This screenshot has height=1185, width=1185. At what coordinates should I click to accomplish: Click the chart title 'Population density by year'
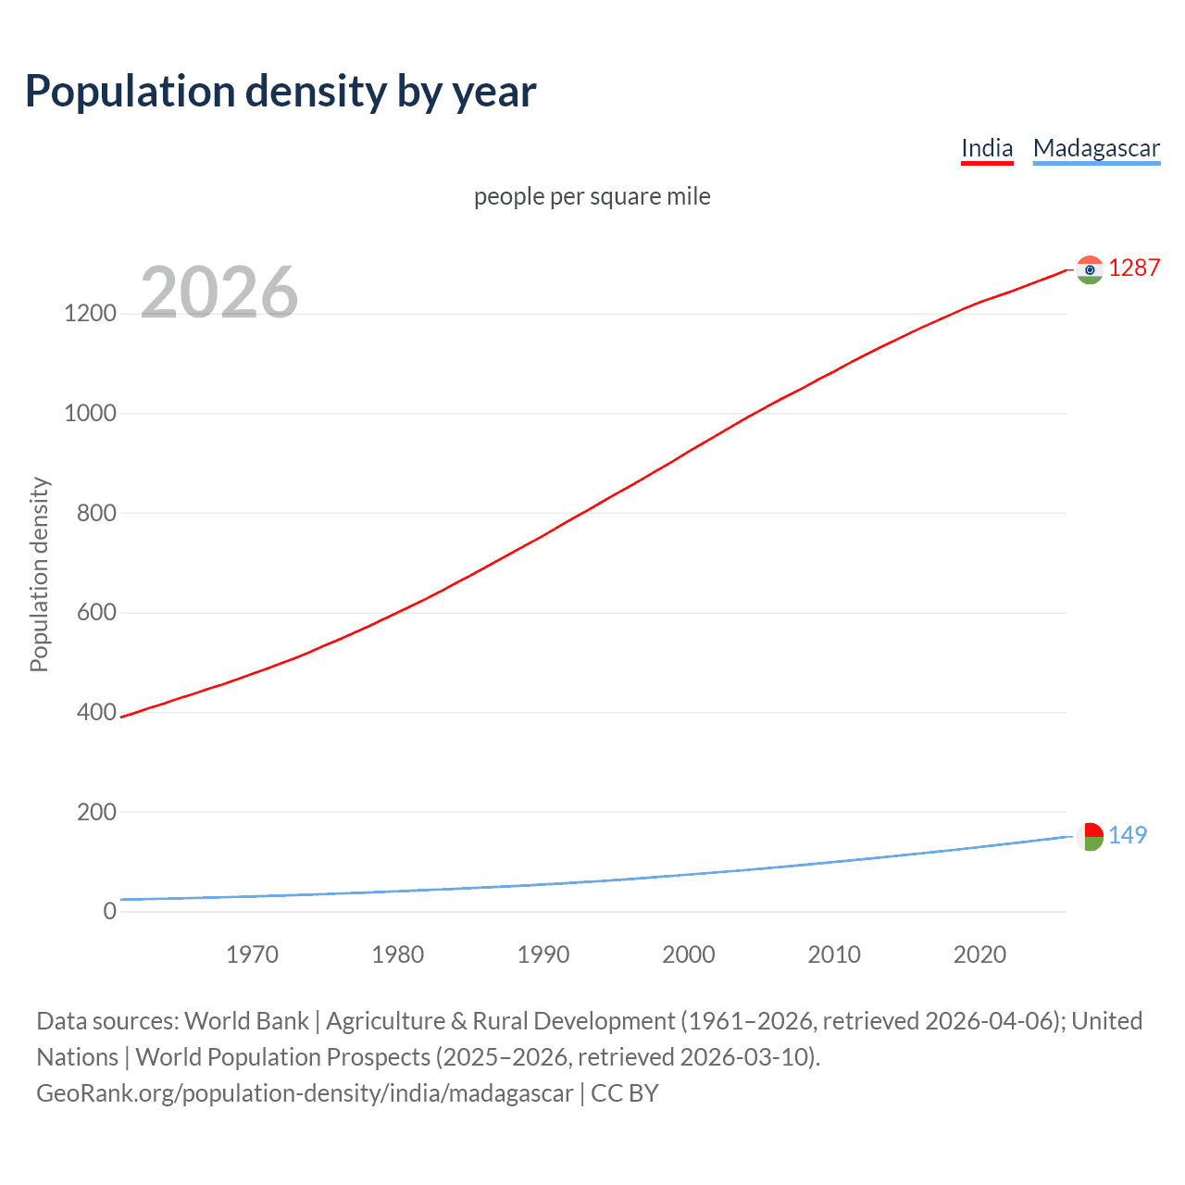click(281, 91)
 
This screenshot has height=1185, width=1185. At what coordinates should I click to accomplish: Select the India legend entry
click(987, 148)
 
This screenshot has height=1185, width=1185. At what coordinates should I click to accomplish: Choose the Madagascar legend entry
click(1096, 148)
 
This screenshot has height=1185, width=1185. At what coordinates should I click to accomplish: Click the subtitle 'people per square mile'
click(592, 196)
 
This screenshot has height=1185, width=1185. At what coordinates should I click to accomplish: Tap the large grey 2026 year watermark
click(219, 293)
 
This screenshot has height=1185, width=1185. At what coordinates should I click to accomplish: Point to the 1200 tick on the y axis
click(90, 314)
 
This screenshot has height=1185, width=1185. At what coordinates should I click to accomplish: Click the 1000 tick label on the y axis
click(90, 413)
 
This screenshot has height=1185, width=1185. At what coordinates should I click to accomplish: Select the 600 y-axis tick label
click(96, 613)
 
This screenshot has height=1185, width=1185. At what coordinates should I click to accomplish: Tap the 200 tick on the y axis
click(96, 812)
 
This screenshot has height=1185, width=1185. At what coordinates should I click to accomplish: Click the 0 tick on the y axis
click(110, 912)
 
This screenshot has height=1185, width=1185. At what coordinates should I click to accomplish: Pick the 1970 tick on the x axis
click(252, 954)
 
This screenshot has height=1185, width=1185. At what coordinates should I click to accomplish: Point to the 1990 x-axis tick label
click(543, 954)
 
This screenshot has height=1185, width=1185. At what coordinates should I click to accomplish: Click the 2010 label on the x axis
click(834, 954)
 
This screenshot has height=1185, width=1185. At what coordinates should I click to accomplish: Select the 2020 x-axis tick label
click(979, 954)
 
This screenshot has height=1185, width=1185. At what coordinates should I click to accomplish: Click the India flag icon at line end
click(1090, 269)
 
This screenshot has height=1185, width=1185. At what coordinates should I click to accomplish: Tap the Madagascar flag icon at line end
click(1090, 836)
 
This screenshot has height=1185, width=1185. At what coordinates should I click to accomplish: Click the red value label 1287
click(1134, 268)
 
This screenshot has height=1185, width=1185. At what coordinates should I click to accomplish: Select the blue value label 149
click(1128, 835)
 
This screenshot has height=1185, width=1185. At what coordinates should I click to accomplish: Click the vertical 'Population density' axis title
click(39, 574)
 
